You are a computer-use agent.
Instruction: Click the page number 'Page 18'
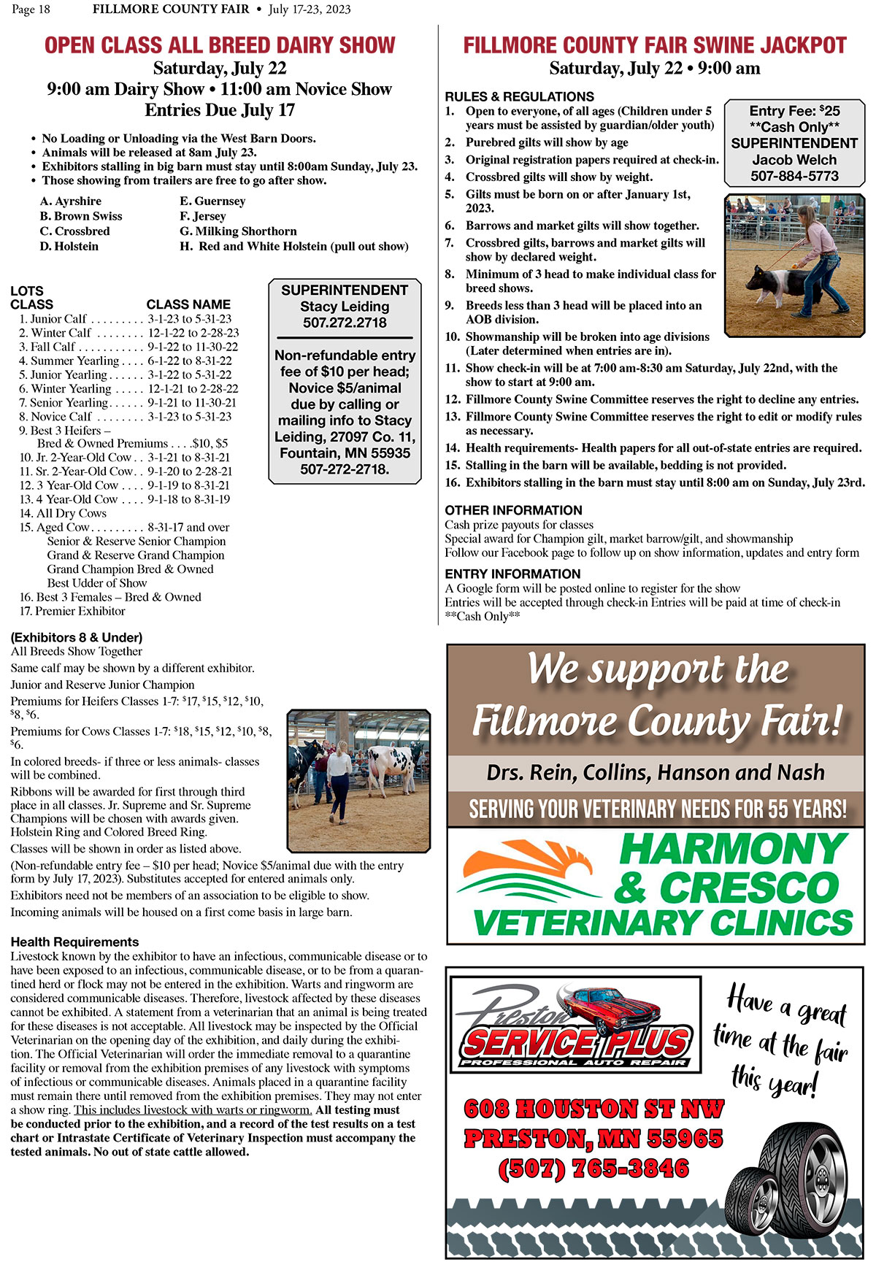click(x=31, y=9)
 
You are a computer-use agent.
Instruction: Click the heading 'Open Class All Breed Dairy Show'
click(x=220, y=45)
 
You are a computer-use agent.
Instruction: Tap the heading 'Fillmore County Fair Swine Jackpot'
click(x=655, y=45)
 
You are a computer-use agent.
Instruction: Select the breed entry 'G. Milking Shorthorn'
click(x=238, y=231)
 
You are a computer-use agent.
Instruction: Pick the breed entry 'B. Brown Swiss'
click(x=81, y=216)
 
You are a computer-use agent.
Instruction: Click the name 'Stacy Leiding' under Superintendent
click(x=345, y=307)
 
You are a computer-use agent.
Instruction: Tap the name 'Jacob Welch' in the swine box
click(x=794, y=160)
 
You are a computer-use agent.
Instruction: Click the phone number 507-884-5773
click(x=794, y=176)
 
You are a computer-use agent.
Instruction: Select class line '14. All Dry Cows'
click(x=63, y=513)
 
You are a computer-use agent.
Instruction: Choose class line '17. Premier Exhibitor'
click(x=72, y=611)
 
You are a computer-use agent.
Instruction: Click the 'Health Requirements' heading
click(x=74, y=942)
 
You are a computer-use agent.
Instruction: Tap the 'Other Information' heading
click(x=513, y=510)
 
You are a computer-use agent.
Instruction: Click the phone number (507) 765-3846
click(x=593, y=1169)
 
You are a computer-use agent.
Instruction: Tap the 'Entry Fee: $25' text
click(x=794, y=111)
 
